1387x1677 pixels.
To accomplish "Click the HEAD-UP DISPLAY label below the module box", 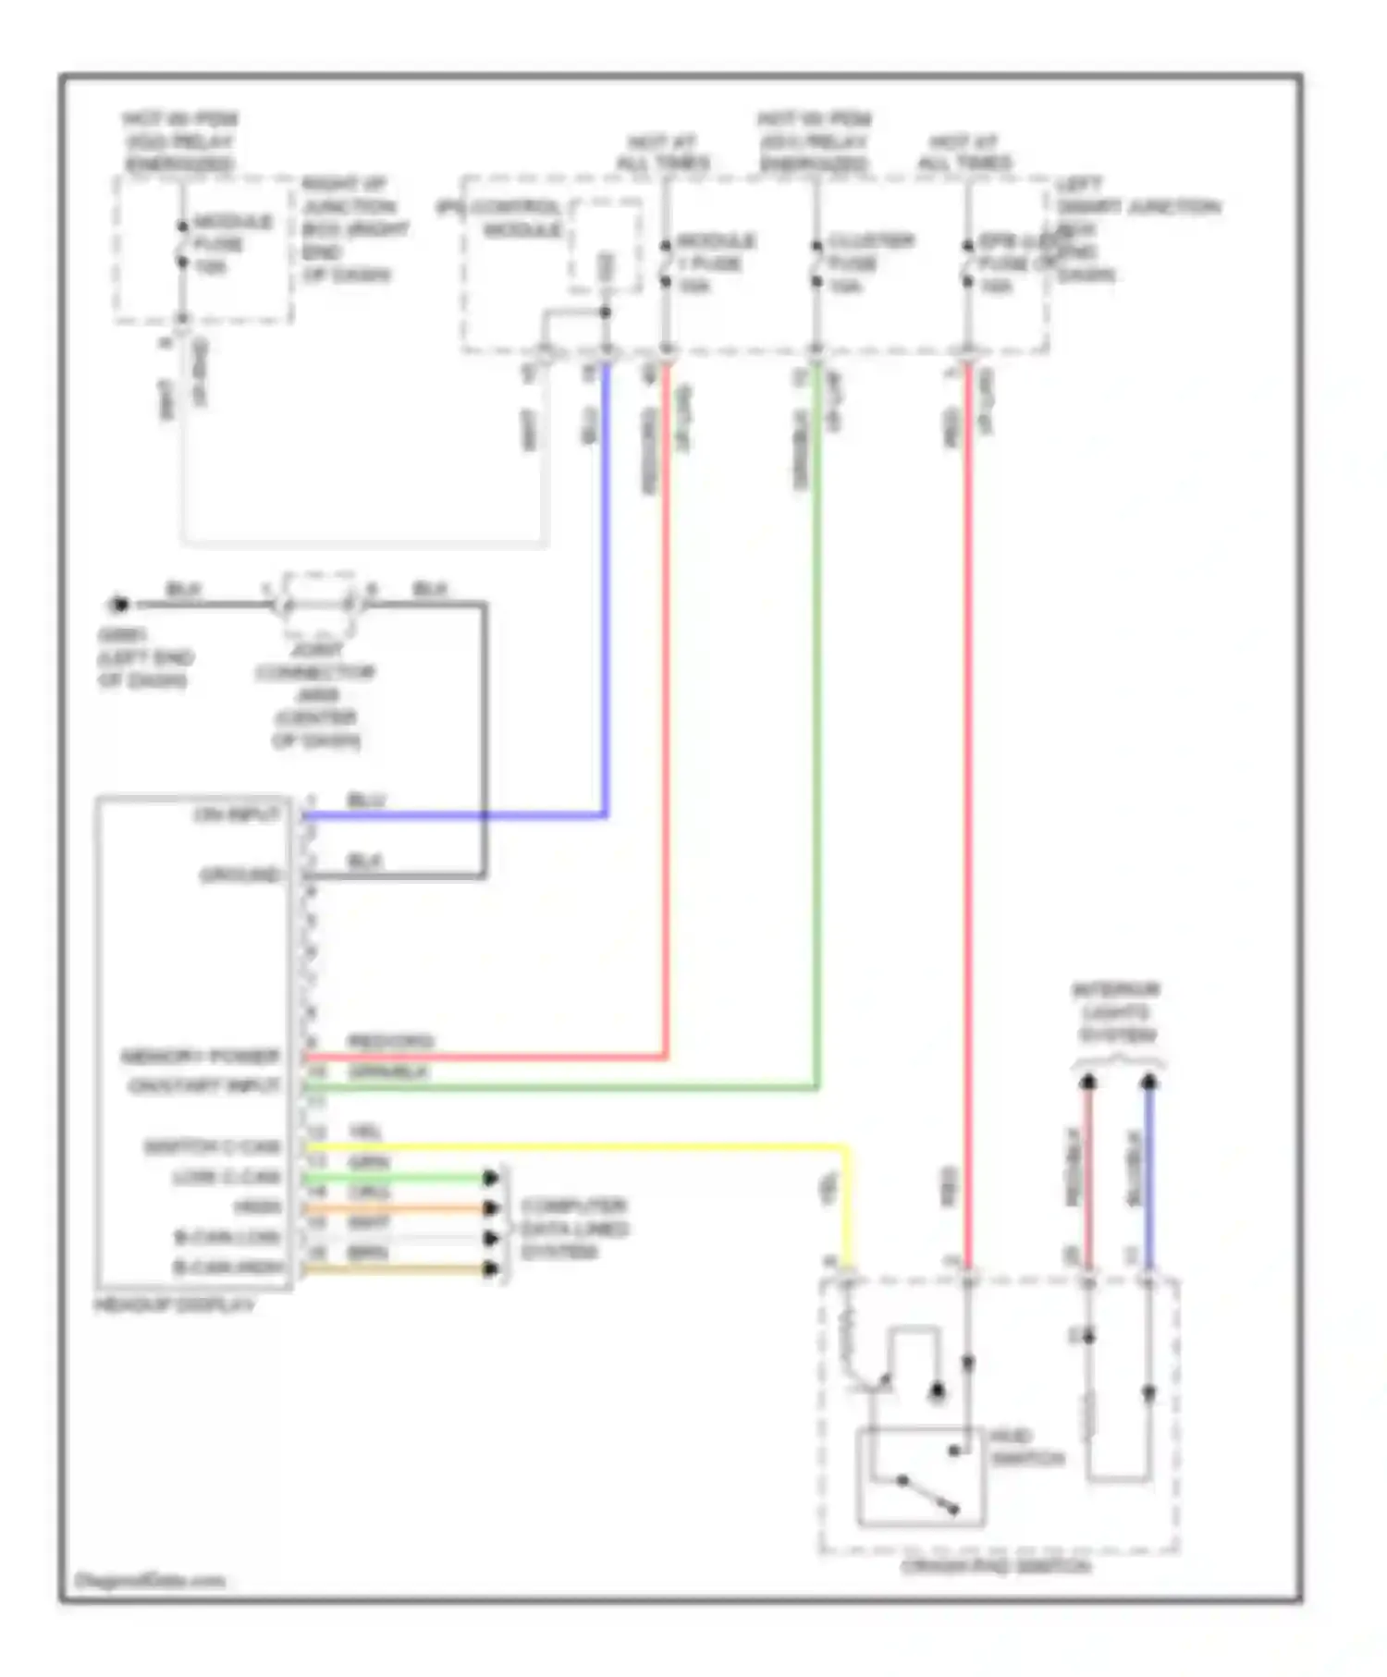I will click(174, 1305).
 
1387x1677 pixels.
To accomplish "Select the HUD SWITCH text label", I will click(1026, 1448).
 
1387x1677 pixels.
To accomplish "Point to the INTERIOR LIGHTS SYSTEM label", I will click(1116, 1012).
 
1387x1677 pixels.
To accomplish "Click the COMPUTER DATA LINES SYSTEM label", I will click(573, 1229).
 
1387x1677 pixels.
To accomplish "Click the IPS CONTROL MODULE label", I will click(499, 218).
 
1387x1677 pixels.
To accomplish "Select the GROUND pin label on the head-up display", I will click(239, 875).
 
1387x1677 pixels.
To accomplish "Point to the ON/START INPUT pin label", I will click(204, 1085).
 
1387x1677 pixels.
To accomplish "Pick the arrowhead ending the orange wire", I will click(491, 1208).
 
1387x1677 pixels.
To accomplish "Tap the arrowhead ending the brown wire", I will click(491, 1268).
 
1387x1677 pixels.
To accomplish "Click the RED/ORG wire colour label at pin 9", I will click(389, 1042).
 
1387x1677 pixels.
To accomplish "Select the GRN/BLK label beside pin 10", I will click(388, 1072).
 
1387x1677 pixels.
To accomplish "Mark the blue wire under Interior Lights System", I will click(1148, 1174).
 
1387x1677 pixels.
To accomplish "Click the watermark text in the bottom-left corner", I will click(150, 1580).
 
